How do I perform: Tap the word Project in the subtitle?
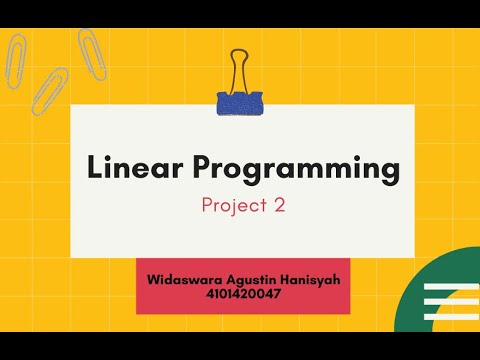tap(231, 206)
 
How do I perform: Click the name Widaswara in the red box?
tap(186, 281)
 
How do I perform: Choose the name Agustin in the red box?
tap(252, 281)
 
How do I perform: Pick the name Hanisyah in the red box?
tap(309, 281)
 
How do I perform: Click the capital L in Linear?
tap(94, 169)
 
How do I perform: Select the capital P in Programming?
tap(204, 169)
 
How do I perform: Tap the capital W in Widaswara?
tap(152, 281)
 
